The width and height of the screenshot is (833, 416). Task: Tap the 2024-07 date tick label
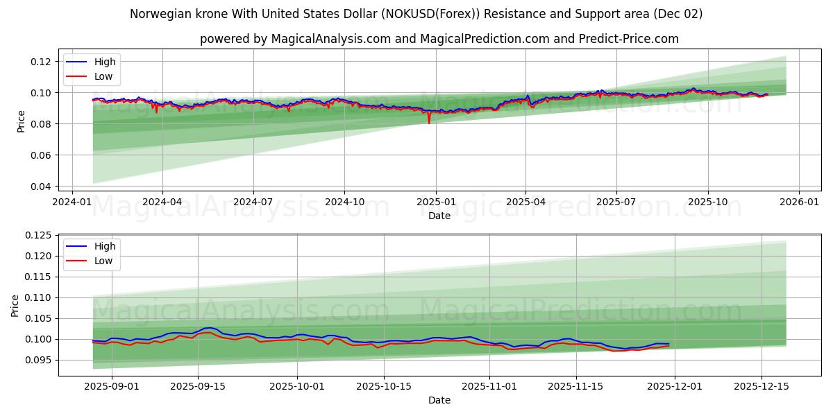253,202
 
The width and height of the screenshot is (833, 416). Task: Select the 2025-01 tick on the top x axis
436,202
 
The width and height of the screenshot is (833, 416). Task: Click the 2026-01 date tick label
799,202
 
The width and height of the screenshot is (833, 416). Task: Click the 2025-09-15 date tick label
198,386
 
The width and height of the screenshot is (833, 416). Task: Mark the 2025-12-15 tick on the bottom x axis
762,386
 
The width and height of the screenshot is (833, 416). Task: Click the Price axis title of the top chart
22,121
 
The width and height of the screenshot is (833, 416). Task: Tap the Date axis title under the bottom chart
439,400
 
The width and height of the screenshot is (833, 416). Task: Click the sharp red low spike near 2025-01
429,121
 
